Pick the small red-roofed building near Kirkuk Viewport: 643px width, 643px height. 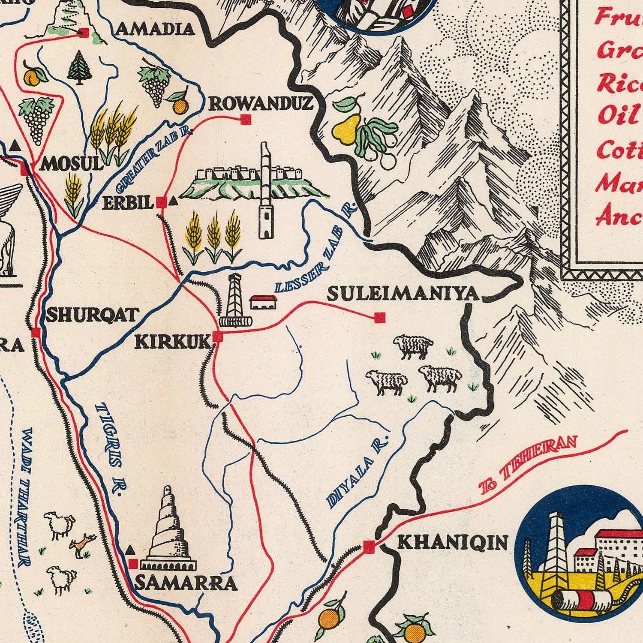tap(263, 302)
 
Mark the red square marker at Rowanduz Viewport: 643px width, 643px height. tap(246, 120)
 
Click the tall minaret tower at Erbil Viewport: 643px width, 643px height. tap(266, 193)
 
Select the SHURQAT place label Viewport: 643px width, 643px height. tap(92, 315)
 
